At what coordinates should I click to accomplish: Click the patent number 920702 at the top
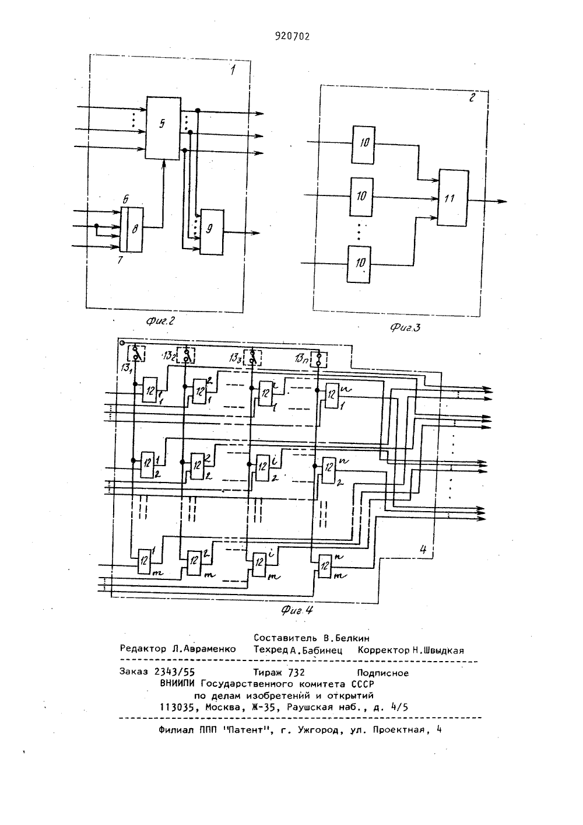(293, 36)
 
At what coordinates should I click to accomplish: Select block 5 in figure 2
(163, 128)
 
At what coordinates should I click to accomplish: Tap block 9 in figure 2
(212, 232)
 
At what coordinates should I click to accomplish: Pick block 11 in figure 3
(453, 198)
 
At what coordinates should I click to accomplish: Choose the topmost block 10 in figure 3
(363, 144)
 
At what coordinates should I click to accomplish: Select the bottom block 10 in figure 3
(359, 264)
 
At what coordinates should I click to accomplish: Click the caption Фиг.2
(160, 321)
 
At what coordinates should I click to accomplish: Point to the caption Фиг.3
(405, 327)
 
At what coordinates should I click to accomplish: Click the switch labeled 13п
(319, 359)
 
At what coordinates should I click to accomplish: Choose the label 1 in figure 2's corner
(233, 70)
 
